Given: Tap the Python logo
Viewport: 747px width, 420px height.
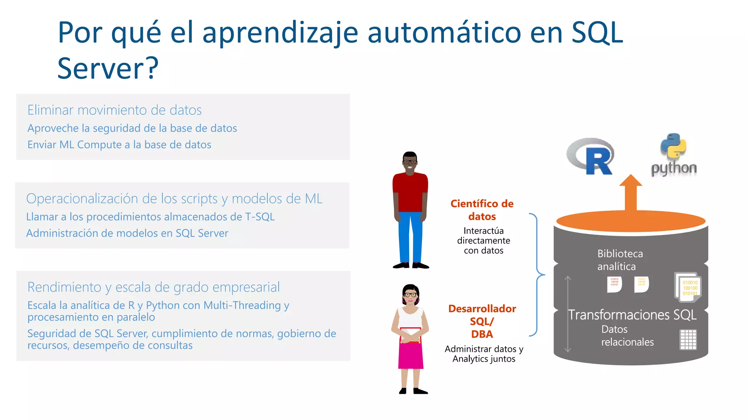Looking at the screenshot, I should pyautogui.click(x=674, y=155).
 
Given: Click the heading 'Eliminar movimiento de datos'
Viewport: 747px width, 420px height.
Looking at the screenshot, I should pyautogui.click(x=115, y=110).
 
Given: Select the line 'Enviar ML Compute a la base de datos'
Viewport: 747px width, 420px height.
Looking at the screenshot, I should pyautogui.click(x=119, y=145).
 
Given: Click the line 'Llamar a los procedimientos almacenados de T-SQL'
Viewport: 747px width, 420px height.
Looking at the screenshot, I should pyautogui.click(x=150, y=217).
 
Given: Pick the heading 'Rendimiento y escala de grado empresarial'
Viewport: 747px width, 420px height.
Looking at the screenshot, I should pyautogui.click(x=154, y=287).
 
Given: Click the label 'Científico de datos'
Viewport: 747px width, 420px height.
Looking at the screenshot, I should pyautogui.click(x=482, y=210).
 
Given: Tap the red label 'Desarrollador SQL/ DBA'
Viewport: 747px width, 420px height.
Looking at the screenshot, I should pyautogui.click(x=482, y=321).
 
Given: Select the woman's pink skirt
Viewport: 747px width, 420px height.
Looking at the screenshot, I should pyautogui.click(x=411, y=355).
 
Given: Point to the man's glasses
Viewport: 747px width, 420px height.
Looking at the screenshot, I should pyautogui.click(x=410, y=162).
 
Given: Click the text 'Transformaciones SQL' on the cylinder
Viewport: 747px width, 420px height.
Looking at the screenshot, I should pyautogui.click(x=632, y=315).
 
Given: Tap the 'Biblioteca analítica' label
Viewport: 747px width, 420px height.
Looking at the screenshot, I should pyautogui.click(x=620, y=260).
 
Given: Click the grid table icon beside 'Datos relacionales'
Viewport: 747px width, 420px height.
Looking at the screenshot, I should pyautogui.click(x=688, y=340).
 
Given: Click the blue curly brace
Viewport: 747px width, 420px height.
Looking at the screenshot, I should pyautogui.click(x=536, y=275).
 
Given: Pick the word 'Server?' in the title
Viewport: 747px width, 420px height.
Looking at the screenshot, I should pyautogui.click(x=108, y=68).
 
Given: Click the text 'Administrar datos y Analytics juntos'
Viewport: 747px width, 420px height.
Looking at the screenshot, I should pyautogui.click(x=484, y=354).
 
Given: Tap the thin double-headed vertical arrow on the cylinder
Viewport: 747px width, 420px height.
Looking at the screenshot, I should pyautogui.click(x=568, y=314).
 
